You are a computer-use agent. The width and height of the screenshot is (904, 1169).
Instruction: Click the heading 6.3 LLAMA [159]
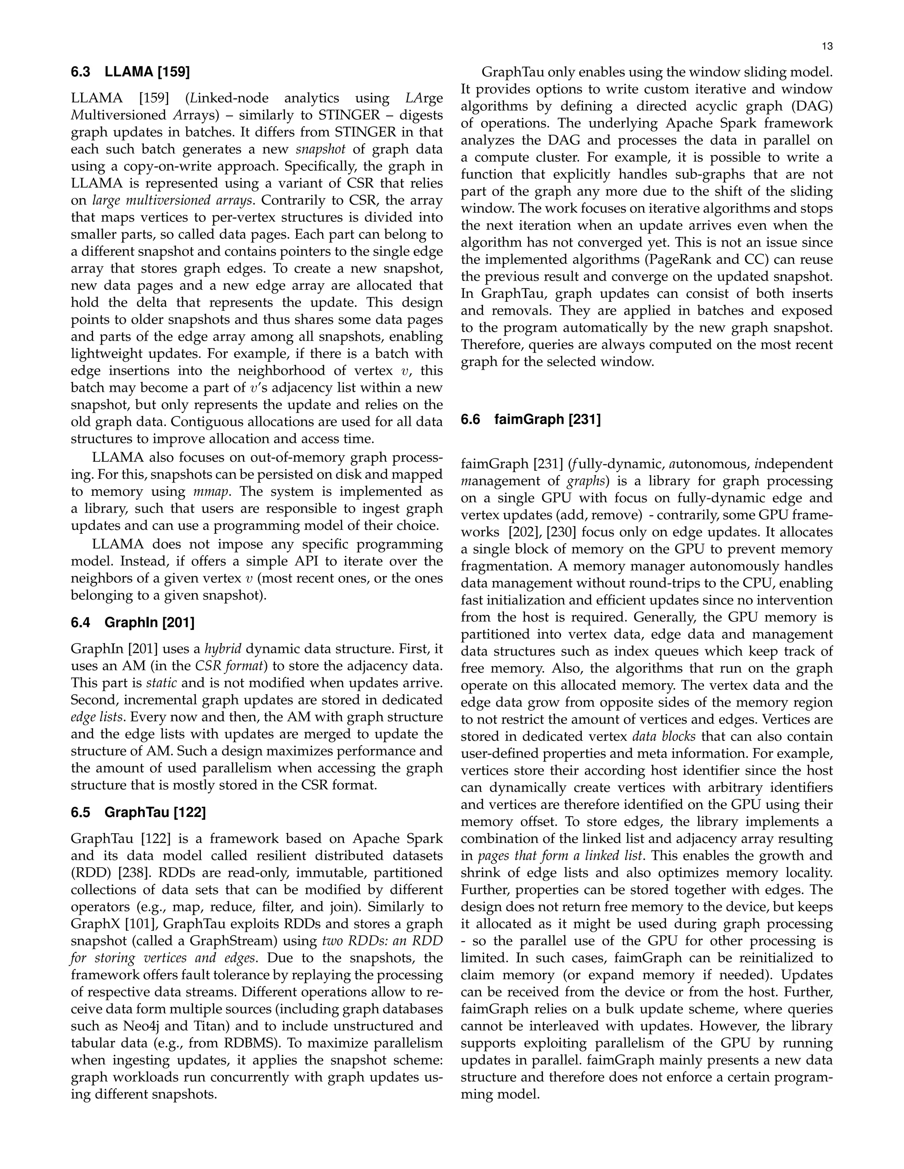[x=131, y=72]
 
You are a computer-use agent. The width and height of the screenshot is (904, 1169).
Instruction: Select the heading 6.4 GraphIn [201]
[x=133, y=622]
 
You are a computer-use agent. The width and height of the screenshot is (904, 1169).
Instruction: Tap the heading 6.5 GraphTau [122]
[x=138, y=813]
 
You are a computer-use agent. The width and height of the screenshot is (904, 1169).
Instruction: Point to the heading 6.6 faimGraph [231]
[x=531, y=419]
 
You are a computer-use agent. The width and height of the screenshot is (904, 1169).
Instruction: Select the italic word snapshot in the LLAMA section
[x=320, y=149]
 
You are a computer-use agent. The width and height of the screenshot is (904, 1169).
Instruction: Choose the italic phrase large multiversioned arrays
[x=172, y=200]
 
